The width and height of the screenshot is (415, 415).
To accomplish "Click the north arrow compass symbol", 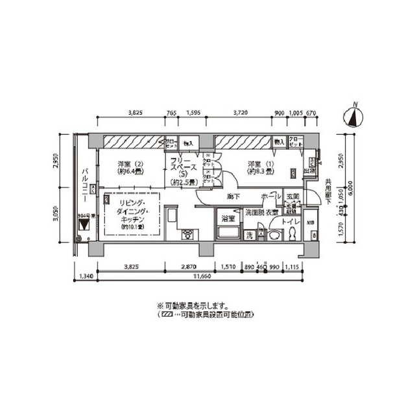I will (x=353, y=117).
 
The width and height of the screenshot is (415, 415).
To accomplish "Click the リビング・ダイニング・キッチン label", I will (x=131, y=213).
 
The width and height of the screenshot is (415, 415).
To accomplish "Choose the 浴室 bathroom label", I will (x=227, y=219).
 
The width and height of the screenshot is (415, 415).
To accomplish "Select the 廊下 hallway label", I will (x=234, y=196).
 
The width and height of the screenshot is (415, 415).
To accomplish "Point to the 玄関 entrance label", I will (x=292, y=196).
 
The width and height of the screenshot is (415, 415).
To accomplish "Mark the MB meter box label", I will (x=311, y=224).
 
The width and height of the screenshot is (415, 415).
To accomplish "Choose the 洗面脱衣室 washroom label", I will (x=262, y=212).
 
